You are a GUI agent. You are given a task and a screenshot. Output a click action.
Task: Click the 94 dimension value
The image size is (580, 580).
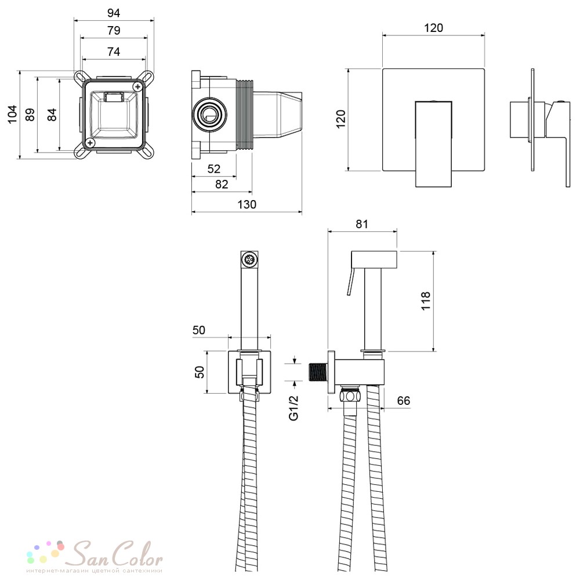tap(114, 13)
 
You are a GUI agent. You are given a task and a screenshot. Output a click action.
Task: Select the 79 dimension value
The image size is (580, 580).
tap(114, 30)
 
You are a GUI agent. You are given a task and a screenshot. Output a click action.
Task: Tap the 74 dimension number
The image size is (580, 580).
tap(114, 52)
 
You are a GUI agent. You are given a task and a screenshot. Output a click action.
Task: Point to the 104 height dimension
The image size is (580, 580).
tap(13, 114)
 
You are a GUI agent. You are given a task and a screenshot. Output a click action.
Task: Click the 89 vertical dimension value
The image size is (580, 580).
tap(30, 114)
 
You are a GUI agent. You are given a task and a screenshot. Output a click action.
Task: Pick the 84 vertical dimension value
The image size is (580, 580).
tap(52, 114)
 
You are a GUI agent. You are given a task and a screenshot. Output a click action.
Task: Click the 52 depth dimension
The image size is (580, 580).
tap(214, 169)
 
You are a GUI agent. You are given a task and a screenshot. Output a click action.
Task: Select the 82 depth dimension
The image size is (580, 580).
tap(222, 184)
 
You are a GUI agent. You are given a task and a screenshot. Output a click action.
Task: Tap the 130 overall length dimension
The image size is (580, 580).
tap(246, 205)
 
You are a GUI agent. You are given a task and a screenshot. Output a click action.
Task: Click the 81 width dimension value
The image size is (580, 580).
tap(362, 224)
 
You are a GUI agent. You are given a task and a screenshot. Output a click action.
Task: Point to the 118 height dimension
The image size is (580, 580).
tap(426, 300)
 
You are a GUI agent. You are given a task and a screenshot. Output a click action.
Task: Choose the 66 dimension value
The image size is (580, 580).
tap(404, 401)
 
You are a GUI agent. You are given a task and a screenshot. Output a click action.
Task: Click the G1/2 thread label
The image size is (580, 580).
tap(293, 408)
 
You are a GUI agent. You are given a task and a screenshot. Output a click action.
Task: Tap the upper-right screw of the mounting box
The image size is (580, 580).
tap(139, 86)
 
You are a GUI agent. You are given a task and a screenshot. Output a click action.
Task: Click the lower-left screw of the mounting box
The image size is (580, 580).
tap(90, 143)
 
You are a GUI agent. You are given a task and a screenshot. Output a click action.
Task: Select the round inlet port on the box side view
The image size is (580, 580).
tap(210, 114)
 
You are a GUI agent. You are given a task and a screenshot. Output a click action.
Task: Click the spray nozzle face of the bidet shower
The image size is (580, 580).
tap(249, 259)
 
